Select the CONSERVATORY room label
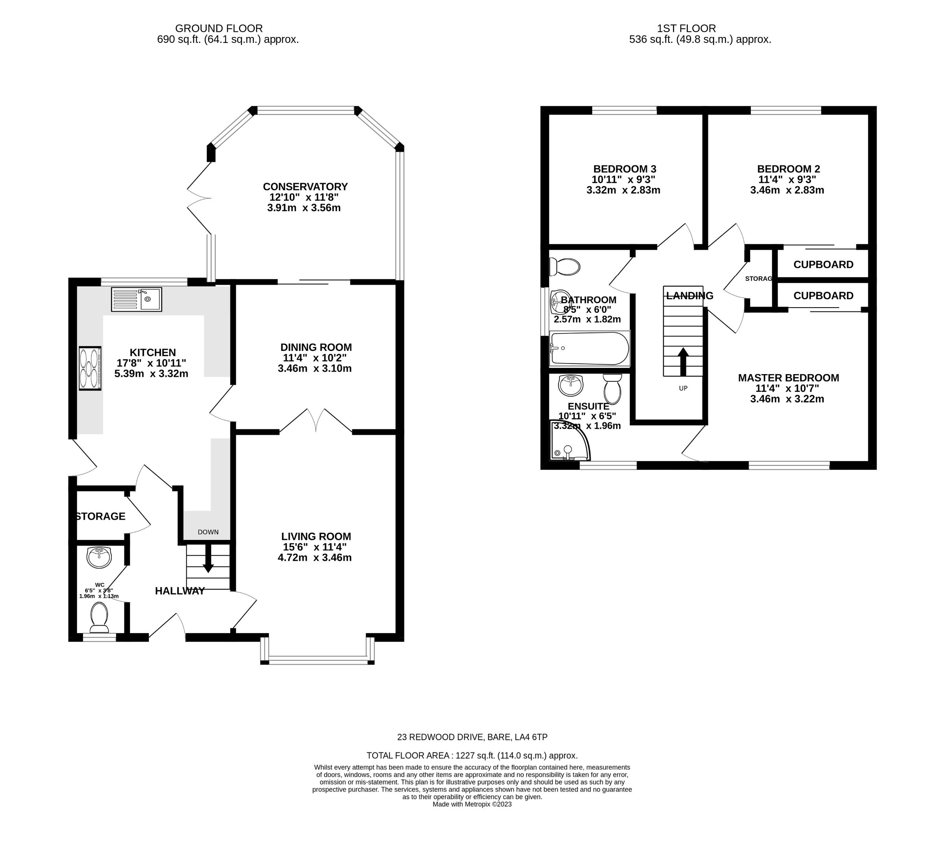tap(305, 187)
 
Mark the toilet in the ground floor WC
tap(99, 617)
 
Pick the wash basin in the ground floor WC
tap(99, 558)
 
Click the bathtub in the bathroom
tap(589, 348)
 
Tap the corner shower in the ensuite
tap(569, 440)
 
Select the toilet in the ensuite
tap(612, 389)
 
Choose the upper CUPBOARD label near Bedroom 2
tap(823, 265)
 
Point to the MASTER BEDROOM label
tap(788, 378)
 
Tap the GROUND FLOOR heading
tap(219, 28)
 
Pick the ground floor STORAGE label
tap(100, 516)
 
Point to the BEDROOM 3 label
tap(624, 169)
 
